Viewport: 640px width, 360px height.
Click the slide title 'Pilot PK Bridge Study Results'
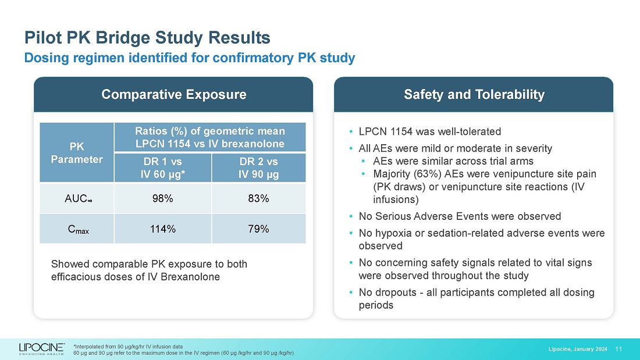[147, 38]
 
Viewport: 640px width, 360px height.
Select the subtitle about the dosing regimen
[189, 58]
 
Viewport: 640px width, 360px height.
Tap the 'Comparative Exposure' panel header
[173, 94]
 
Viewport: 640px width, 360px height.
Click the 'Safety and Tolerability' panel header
[474, 94]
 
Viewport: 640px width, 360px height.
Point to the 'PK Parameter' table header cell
[77, 152]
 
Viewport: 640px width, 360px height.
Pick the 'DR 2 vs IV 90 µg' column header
[258, 167]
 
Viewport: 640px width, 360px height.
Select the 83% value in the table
[258, 198]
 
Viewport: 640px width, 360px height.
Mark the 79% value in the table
[258, 229]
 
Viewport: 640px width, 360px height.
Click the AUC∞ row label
[77, 199]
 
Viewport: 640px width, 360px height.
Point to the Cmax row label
[77, 229]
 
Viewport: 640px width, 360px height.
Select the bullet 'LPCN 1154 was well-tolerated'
[429, 131]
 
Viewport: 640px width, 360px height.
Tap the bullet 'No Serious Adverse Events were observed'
[460, 216]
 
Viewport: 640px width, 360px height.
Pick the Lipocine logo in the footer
[41, 349]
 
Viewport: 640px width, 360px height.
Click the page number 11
[618, 349]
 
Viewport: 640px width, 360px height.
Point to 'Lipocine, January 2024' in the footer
[578, 349]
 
